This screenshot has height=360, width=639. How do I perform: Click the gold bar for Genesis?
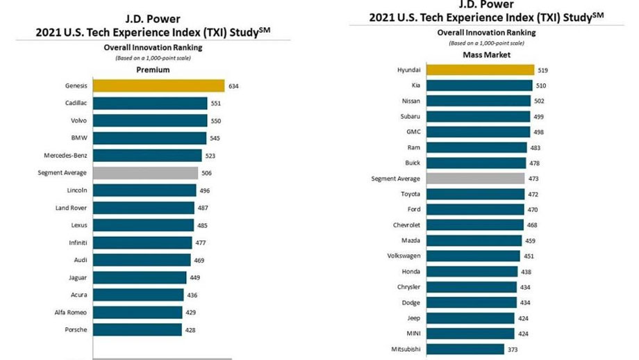click(x=159, y=86)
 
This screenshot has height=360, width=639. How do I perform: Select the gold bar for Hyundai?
click(x=480, y=70)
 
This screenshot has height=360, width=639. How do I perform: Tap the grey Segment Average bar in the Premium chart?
click(x=146, y=173)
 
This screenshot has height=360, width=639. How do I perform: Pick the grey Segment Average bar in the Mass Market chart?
click(x=475, y=179)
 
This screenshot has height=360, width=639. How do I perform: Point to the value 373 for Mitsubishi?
click(x=514, y=349)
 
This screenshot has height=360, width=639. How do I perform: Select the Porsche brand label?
click(x=76, y=330)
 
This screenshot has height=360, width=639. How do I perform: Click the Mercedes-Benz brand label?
click(x=66, y=156)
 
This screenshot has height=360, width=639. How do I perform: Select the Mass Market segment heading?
click(x=486, y=54)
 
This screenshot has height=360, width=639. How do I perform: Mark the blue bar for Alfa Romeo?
click(x=138, y=313)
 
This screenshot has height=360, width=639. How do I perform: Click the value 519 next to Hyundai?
click(x=543, y=70)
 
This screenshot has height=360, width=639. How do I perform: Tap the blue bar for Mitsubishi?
click(x=465, y=349)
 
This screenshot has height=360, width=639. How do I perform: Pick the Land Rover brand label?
click(x=71, y=208)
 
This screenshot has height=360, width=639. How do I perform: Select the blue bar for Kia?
click(x=479, y=85)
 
